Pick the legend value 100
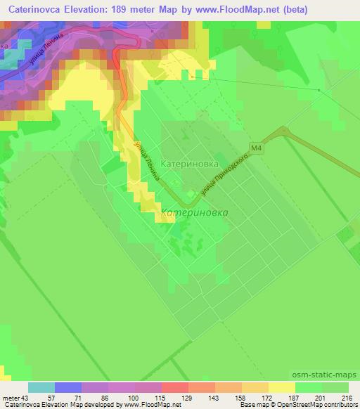point(133,398)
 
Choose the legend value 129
point(187,398)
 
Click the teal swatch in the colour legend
point(41,387)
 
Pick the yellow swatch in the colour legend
point(281,387)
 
